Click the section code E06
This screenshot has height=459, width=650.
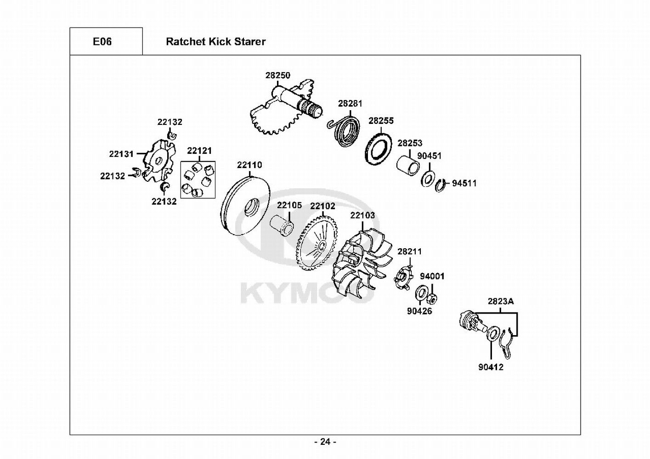102,42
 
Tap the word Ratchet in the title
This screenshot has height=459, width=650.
187,42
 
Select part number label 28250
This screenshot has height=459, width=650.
278,75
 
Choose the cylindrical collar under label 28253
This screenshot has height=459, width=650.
408,167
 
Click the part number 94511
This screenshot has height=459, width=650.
464,183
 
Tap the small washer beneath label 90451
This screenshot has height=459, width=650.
427,179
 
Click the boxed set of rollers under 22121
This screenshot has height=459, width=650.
198,180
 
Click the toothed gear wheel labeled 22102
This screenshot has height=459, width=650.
317,243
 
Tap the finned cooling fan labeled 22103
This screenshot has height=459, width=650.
363,266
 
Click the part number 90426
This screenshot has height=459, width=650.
419,311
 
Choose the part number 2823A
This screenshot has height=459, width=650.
501,302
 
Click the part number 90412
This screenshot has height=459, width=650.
491,367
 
